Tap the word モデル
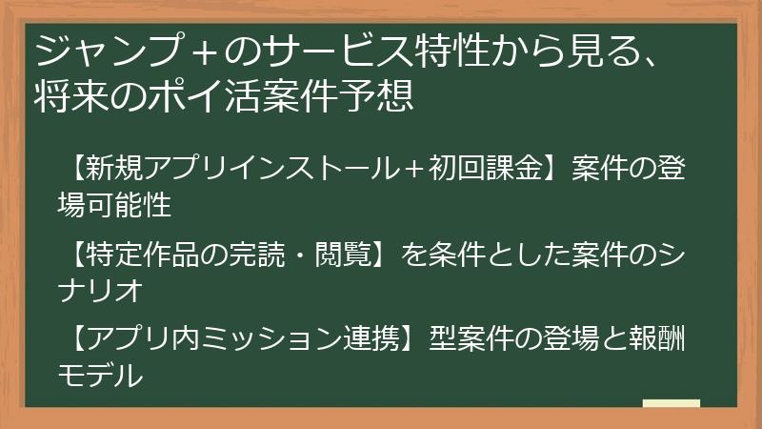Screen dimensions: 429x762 (100, 375)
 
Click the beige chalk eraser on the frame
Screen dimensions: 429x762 (672, 403)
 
